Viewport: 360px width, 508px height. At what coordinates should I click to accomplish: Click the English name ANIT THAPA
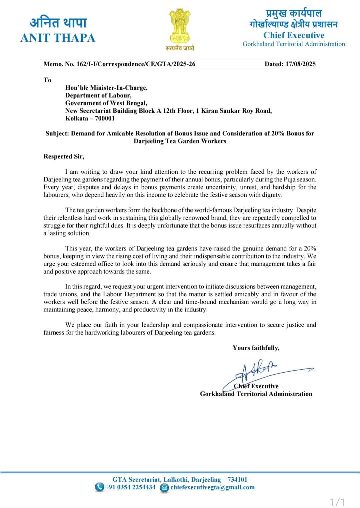(x=58, y=38)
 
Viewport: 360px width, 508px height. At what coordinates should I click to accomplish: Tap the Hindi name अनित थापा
(x=58, y=22)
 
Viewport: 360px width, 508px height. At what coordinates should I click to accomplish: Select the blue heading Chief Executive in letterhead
(x=294, y=35)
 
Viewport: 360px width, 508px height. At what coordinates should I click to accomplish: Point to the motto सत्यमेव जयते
(x=180, y=48)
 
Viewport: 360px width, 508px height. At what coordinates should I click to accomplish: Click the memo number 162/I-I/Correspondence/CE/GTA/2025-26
(x=136, y=64)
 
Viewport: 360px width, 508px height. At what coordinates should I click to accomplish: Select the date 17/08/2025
(x=300, y=64)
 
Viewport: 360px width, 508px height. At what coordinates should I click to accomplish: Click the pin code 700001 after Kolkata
(x=105, y=118)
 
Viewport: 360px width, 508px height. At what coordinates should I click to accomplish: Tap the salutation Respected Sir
(x=64, y=156)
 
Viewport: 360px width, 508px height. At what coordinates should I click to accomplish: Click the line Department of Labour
(x=98, y=95)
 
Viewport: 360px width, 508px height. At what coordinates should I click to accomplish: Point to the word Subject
(x=57, y=133)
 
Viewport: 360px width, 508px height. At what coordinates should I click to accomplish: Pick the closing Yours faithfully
(x=256, y=348)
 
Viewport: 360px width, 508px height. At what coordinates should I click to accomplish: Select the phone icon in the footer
(x=99, y=487)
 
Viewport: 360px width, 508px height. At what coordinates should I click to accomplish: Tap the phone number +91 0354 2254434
(x=130, y=487)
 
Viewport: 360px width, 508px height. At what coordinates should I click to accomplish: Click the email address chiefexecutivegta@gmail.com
(x=212, y=487)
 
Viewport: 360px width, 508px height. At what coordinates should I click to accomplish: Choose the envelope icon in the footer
(x=164, y=488)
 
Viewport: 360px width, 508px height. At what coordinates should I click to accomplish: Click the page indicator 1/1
(x=337, y=502)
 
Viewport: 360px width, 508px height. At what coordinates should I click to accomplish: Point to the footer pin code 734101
(x=237, y=480)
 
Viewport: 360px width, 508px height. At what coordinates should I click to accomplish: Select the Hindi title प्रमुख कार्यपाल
(x=294, y=13)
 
